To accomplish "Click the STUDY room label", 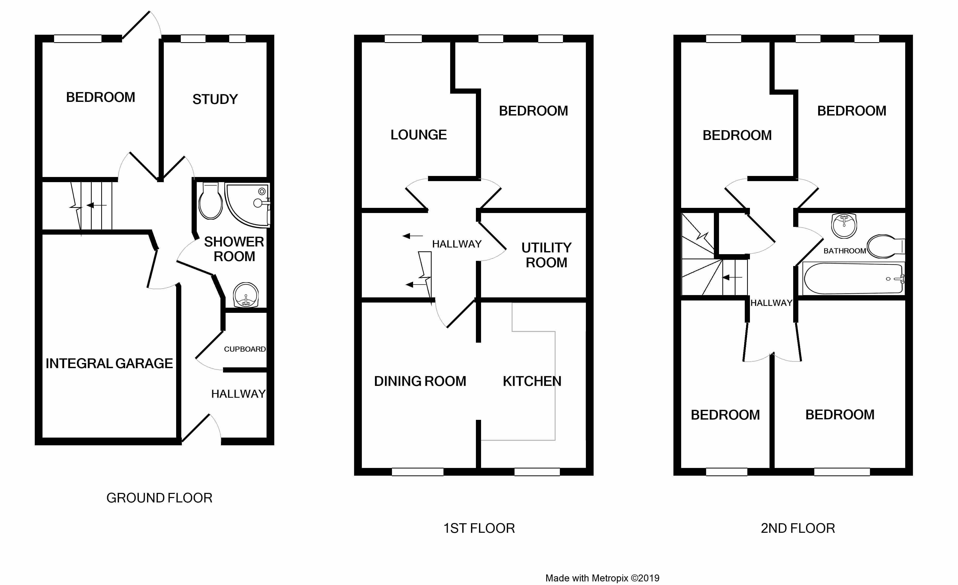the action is (215, 100).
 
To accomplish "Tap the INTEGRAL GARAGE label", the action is (109, 364).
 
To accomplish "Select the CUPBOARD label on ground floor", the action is (245, 349).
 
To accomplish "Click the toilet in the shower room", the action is (210, 201).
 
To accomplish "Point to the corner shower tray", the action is (247, 205).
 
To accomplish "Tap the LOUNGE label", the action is (419, 135).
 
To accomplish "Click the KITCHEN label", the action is (532, 382).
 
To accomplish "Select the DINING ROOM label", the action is (420, 382).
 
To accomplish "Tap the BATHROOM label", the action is (844, 251).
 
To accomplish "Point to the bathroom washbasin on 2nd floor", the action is (844, 225).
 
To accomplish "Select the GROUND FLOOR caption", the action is (159, 498).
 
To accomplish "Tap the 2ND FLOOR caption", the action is (798, 528).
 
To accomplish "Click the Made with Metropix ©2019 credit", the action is (602, 578).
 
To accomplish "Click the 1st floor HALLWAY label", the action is (457, 244).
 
